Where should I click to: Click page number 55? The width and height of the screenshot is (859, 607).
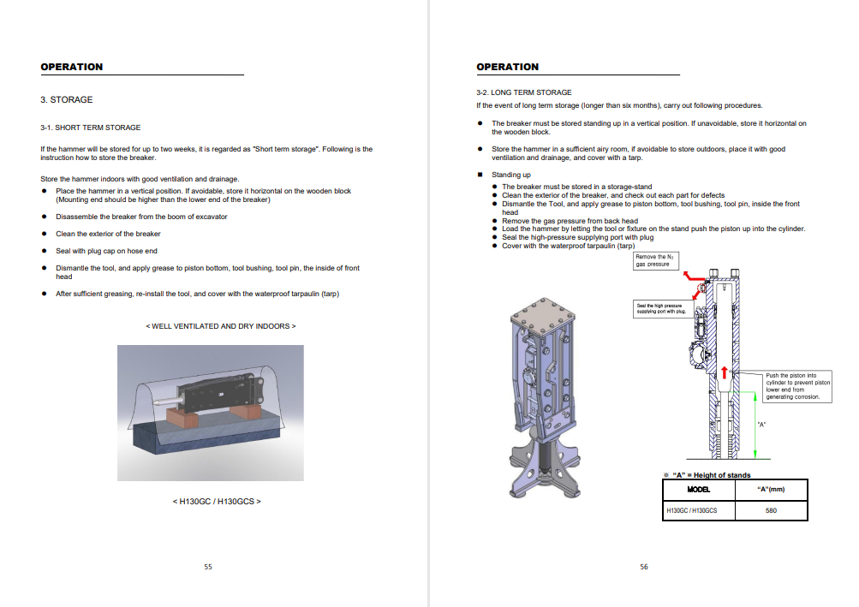coord(208,566)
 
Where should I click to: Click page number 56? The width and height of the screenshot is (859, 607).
coord(644,566)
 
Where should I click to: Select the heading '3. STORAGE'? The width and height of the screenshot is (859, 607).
coord(67,100)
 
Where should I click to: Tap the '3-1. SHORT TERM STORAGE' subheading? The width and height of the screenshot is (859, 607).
coord(90,128)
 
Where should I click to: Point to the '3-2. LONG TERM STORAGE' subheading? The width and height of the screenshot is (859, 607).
coord(524,92)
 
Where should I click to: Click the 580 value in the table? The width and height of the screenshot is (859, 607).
coord(771,511)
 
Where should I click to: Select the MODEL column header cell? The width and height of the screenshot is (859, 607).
coord(699,490)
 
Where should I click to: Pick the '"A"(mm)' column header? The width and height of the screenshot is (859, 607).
coord(771,490)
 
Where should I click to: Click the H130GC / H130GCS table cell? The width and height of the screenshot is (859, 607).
coord(692,511)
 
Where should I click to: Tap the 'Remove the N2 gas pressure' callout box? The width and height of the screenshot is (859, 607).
coord(655,261)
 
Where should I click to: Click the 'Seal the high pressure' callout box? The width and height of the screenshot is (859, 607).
coord(660,308)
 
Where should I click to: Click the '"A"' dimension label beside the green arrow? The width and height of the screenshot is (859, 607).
coord(762,425)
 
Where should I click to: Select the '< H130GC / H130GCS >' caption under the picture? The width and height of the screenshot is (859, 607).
coord(217,501)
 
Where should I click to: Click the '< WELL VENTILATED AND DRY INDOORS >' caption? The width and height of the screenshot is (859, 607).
coord(221,326)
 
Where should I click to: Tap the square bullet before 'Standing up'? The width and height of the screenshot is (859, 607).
coord(480,175)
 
